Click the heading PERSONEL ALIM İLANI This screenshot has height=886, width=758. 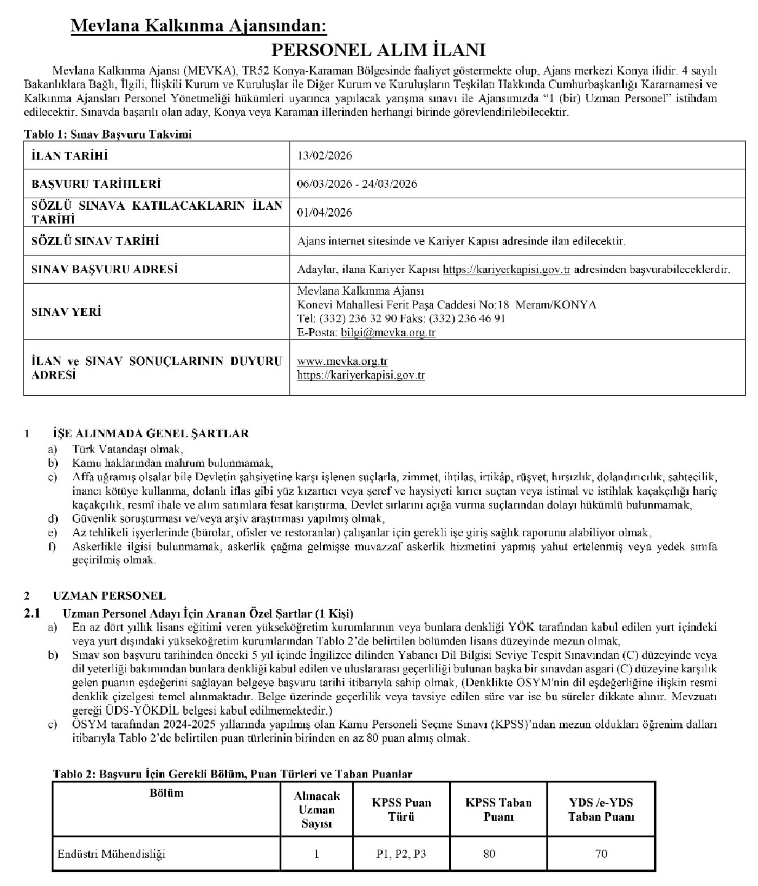tap(379, 50)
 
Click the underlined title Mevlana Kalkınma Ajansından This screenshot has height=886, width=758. tap(199, 26)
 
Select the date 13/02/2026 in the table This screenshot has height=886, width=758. tap(324, 156)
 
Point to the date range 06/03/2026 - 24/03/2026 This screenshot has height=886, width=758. tap(357, 184)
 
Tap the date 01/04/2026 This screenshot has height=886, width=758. tap(324, 212)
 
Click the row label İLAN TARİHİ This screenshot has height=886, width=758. tap(70, 156)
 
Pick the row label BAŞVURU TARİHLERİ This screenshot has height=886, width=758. tap(96, 184)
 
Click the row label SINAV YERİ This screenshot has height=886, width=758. tap(66, 312)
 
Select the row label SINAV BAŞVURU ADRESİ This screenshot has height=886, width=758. tap(105, 269)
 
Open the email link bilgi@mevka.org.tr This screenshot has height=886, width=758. tap(388, 332)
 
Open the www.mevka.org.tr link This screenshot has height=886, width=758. tap(342, 361)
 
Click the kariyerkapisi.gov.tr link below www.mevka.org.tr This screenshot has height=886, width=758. tap(361, 375)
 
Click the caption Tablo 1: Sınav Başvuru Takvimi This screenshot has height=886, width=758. tap(107, 134)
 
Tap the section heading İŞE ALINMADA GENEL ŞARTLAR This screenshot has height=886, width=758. tap(151, 433)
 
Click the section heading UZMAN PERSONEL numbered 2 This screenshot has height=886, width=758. tap(109, 595)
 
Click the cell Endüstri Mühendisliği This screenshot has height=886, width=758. tap(111, 853)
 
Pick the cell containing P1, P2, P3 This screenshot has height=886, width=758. tap(401, 853)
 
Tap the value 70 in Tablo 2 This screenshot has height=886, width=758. tap(601, 853)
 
